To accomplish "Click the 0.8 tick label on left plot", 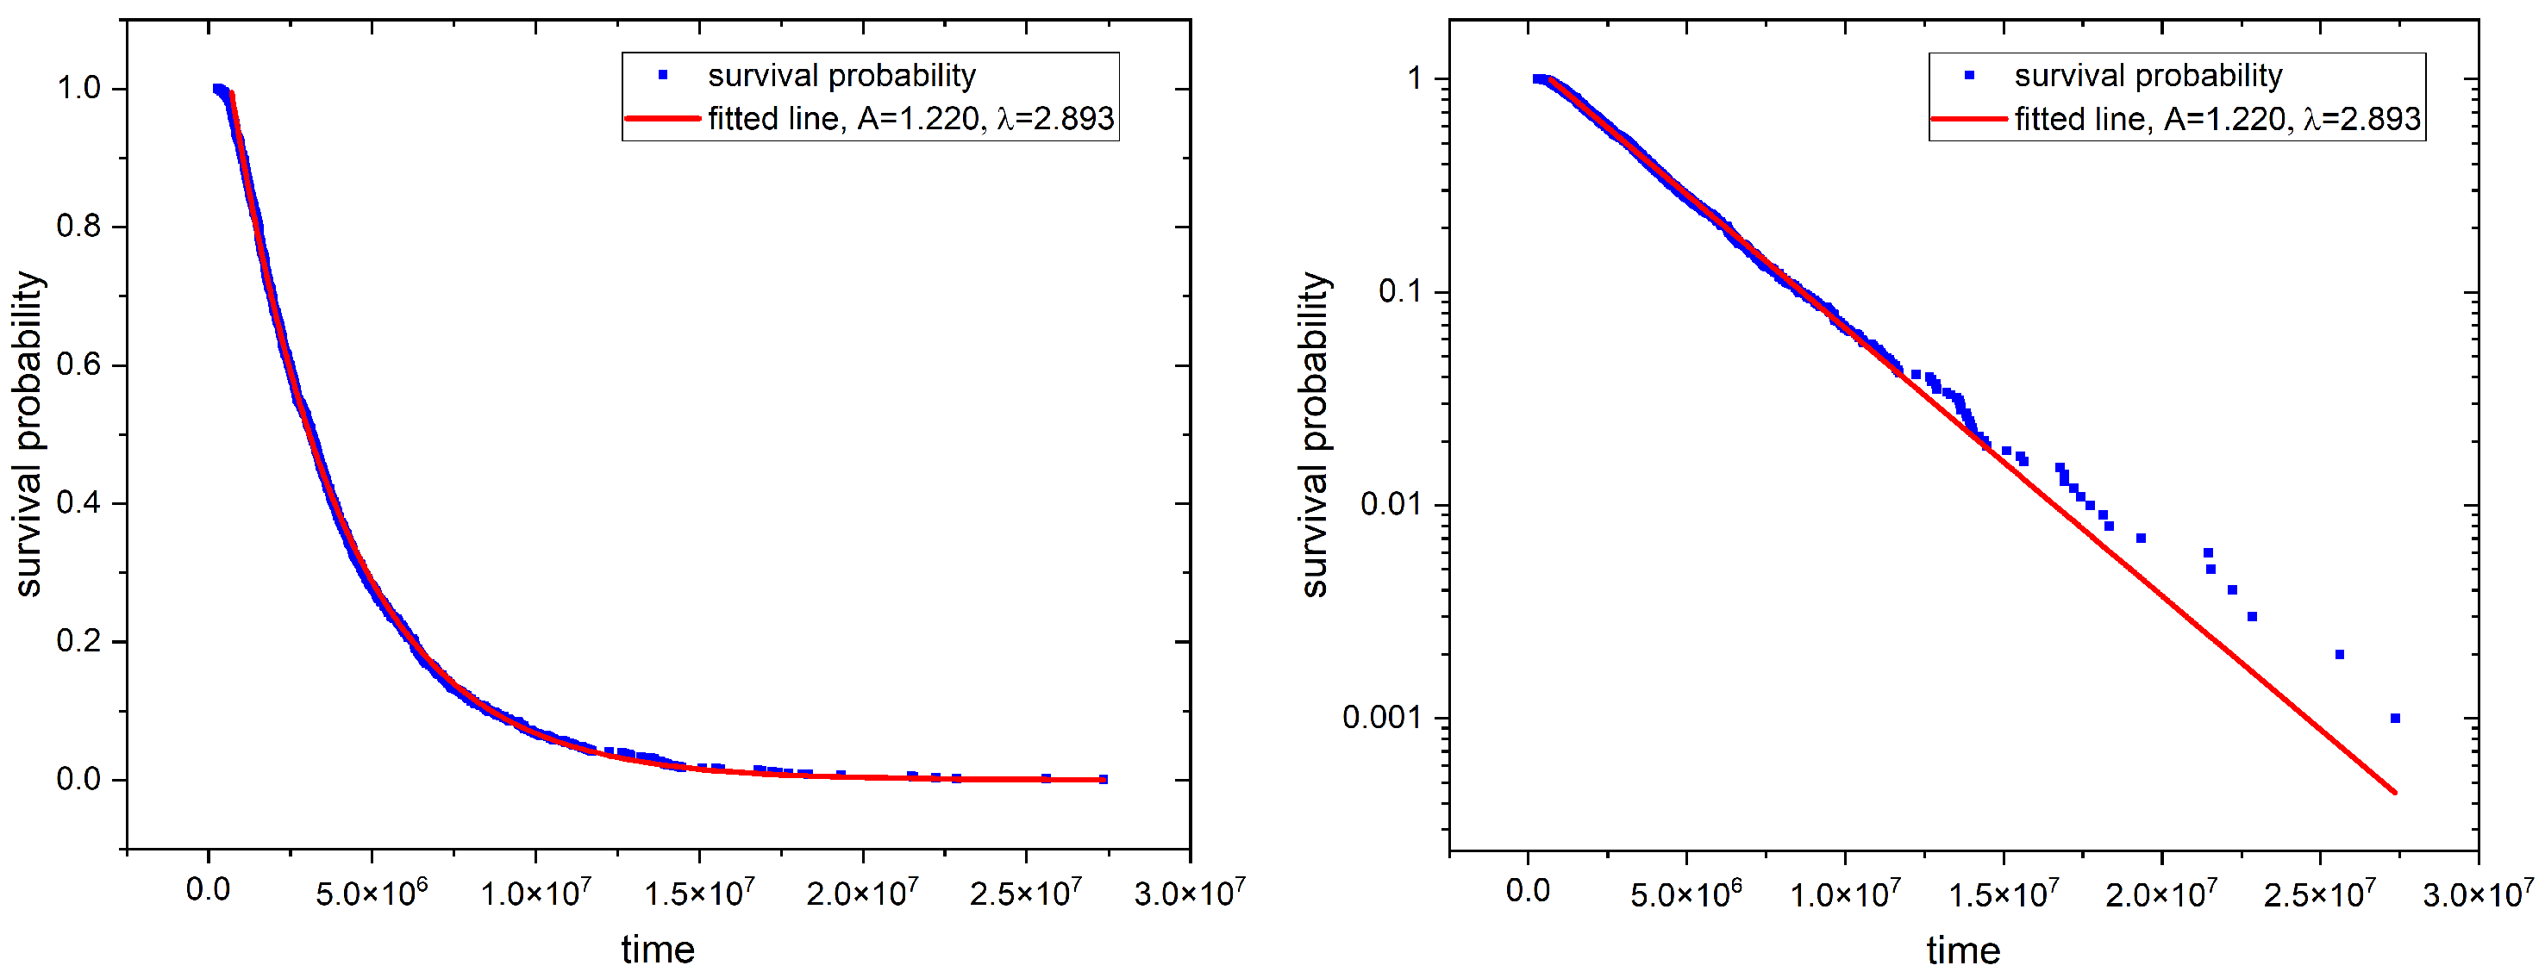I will pyautogui.click(x=78, y=227).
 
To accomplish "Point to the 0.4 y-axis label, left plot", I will pyautogui.click(x=78, y=503).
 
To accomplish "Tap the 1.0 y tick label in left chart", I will pyautogui.click(x=78, y=88).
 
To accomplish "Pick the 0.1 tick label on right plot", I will pyautogui.click(x=1400, y=291).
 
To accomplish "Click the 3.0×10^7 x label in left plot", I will pyautogui.click(x=1189, y=893).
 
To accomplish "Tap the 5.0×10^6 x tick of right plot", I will pyautogui.click(x=1685, y=893).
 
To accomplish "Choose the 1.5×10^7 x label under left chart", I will pyautogui.click(x=698, y=893).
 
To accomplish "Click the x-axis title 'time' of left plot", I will pyautogui.click(x=657, y=950).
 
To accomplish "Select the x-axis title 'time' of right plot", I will pyautogui.click(x=1962, y=950).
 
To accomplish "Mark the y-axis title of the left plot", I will pyautogui.click(x=28, y=434).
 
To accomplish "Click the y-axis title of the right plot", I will pyautogui.click(x=1313, y=434).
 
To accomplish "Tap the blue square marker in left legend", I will pyautogui.click(x=663, y=75).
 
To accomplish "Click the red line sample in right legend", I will pyautogui.click(x=1968, y=119).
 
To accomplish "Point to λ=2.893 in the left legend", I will pyautogui.click(x=1055, y=119).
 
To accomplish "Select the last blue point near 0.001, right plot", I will pyautogui.click(x=2395, y=718).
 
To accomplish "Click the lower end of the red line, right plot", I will pyautogui.click(x=2395, y=792).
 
